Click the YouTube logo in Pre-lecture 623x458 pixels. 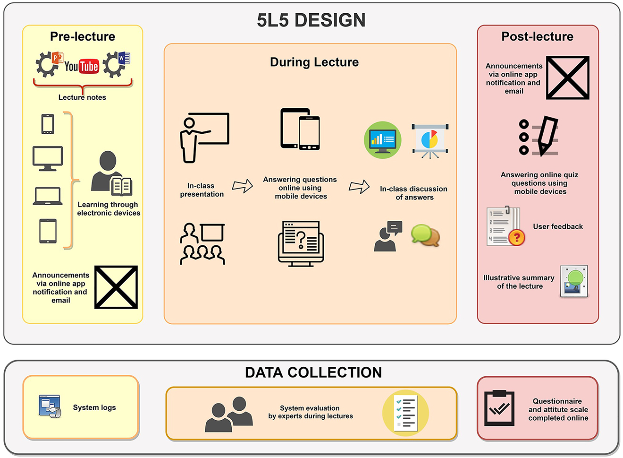tap(82, 66)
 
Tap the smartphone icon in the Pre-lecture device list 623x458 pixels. tap(48, 124)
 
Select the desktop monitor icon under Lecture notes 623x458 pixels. tap(48, 158)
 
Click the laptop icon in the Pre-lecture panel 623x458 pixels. tap(48, 196)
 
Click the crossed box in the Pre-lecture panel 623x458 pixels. tap(116, 287)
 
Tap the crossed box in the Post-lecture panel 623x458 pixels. tap(568, 78)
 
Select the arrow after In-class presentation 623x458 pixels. tap(242, 186)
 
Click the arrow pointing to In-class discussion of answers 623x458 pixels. tap(359, 187)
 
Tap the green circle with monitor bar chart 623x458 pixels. tap(382, 140)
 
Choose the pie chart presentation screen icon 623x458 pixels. tap(430, 141)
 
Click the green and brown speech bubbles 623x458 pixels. tap(425, 235)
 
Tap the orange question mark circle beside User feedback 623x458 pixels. tap(516, 237)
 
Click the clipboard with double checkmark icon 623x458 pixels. tap(499, 408)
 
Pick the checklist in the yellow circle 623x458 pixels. tap(405, 413)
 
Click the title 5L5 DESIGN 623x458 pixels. tap(311, 20)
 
